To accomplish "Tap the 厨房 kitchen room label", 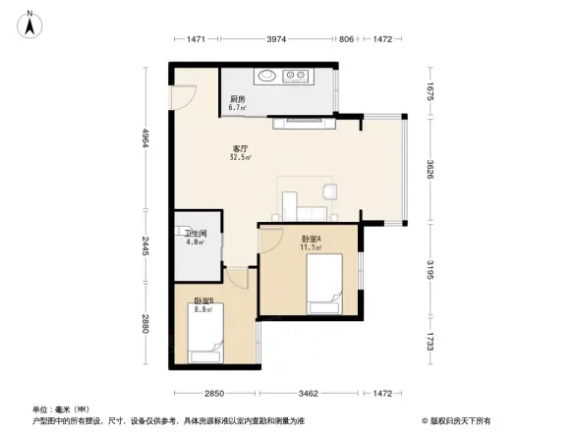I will pos(237,99).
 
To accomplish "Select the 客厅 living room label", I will pos(239,147).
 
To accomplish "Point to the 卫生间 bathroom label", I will pos(195,233).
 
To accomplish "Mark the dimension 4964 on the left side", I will pos(144,140).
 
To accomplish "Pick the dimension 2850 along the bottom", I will pos(213,393).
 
